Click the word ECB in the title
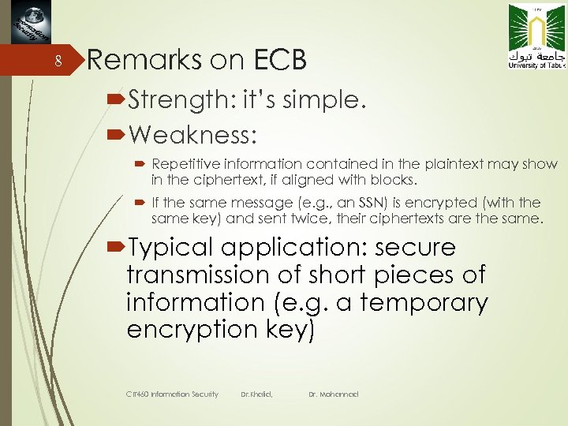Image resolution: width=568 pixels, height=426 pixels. click(x=279, y=59)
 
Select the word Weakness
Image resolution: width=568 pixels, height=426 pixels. click(x=193, y=135)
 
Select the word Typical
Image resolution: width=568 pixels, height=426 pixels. click(x=170, y=248)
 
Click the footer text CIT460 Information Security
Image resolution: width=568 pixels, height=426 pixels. click(x=172, y=394)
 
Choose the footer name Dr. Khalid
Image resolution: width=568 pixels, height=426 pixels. click(x=256, y=394)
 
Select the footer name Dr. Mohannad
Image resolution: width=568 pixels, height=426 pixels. click(x=333, y=394)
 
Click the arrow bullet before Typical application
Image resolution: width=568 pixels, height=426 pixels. click(x=115, y=248)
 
